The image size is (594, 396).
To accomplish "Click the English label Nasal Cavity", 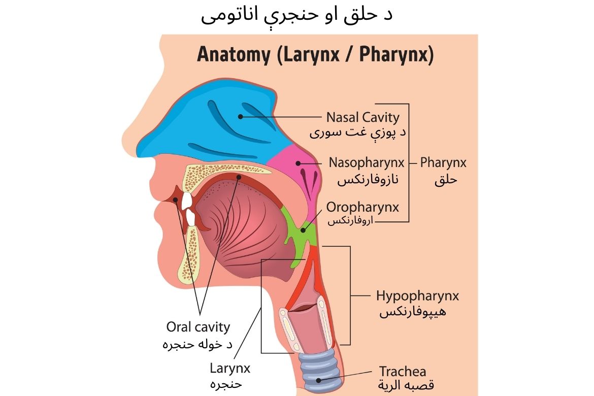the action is point(363,117).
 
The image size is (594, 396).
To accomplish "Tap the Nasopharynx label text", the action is point(367,163).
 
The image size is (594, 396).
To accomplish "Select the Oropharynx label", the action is point(362,207).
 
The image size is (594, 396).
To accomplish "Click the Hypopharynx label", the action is point(417,296).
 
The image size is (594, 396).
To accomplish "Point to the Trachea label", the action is point(403,371).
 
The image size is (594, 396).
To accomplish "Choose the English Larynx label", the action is point(230,369).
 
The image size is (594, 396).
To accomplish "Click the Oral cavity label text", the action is point(198,327).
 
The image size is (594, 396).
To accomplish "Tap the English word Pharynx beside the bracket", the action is point(443,163).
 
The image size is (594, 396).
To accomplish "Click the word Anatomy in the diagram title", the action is point(234,54).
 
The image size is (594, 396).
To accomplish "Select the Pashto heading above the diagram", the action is point(296,15).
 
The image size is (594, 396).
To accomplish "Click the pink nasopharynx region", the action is point(299,171).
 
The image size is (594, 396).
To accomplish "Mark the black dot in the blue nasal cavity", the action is point(240,117).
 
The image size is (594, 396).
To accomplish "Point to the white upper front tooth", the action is point(186,201).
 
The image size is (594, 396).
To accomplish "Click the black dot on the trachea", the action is point(319,380).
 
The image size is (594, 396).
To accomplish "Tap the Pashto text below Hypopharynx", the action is point(413,312).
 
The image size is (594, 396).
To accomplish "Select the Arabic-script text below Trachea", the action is point(406,385).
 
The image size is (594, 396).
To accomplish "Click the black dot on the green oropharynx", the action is point(303,230).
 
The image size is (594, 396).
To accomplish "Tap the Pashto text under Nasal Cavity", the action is point(357,133).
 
